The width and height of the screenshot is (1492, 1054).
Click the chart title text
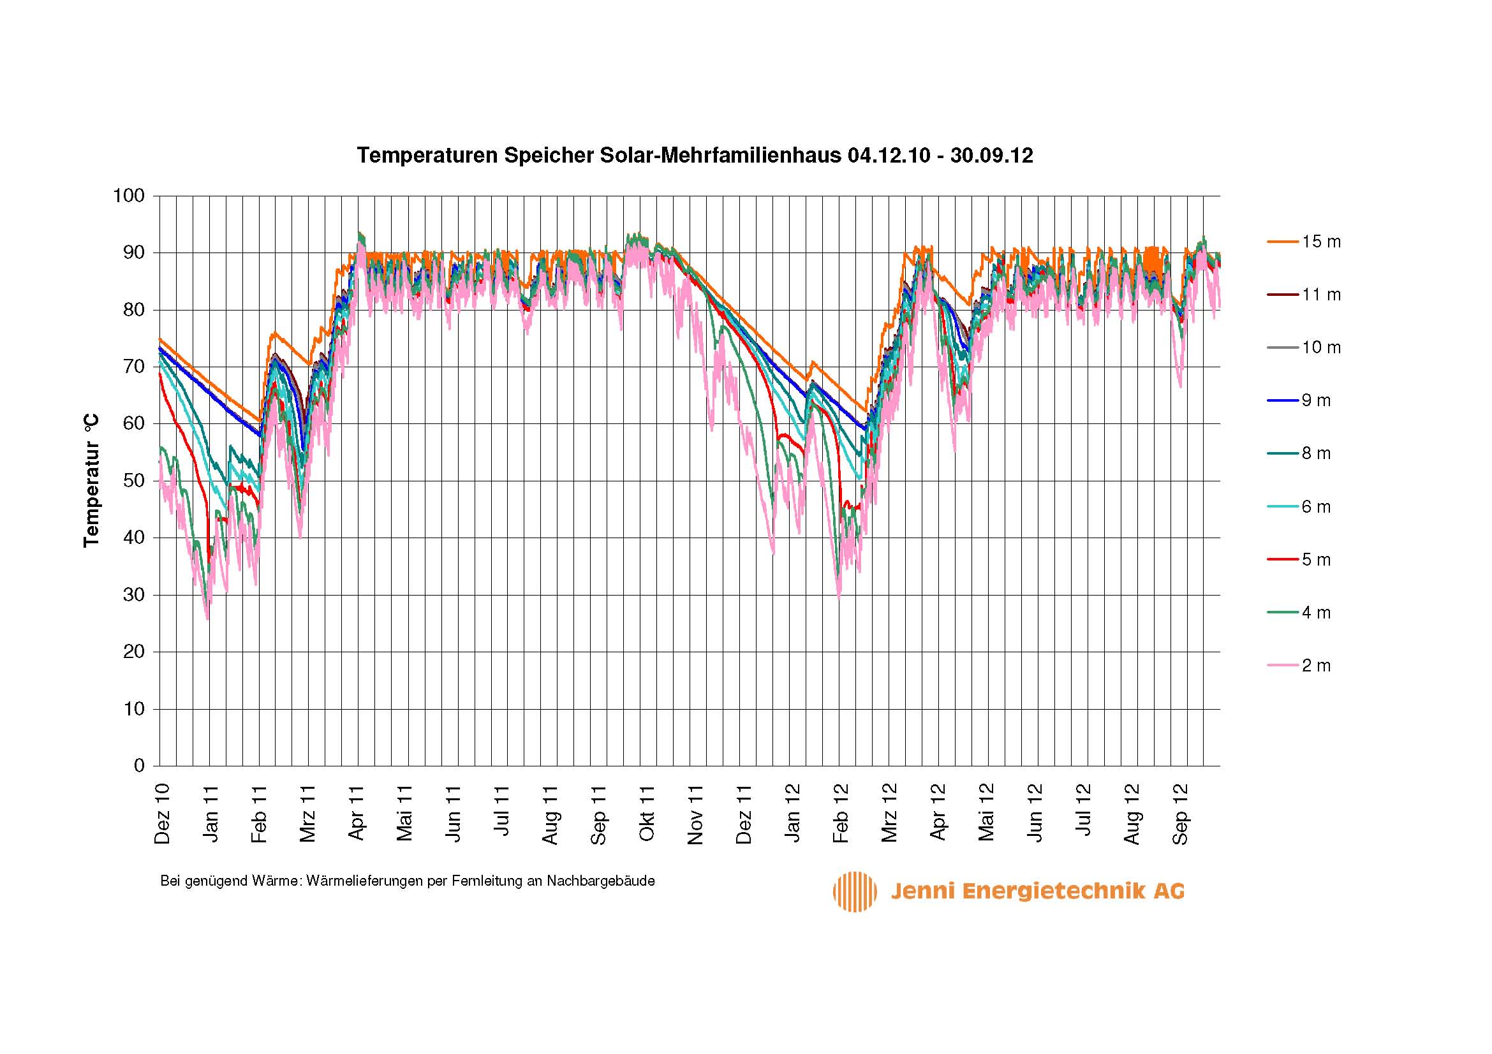[695, 156]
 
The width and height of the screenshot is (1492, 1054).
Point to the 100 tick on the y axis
[129, 196]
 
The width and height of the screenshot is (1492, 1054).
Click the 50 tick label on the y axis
[133, 481]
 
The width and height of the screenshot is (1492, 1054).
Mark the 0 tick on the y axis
[138, 766]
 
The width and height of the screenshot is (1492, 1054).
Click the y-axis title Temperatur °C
[92, 481]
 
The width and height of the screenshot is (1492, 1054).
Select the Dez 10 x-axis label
[163, 813]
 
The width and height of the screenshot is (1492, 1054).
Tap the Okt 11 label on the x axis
[647, 813]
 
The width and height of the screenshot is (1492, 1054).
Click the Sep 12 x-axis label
[1180, 813]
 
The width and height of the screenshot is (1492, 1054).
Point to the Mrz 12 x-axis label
[889, 813]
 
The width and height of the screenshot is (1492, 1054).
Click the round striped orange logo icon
[855, 891]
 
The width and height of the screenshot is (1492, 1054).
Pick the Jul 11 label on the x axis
[501, 813]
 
